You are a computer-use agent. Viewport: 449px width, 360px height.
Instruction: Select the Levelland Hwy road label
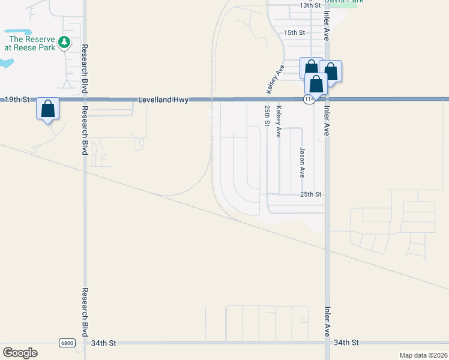click(x=164, y=100)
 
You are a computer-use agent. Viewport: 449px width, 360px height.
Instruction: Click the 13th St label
click(x=311, y=5)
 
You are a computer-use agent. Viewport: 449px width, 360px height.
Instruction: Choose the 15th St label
click(x=295, y=32)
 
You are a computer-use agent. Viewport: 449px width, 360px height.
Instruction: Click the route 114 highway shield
click(x=309, y=100)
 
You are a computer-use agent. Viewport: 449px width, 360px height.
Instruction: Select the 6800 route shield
click(x=67, y=343)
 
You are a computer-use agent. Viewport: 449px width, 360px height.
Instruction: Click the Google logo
click(x=20, y=353)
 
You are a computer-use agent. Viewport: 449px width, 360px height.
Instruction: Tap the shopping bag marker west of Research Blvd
click(x=48, y=110)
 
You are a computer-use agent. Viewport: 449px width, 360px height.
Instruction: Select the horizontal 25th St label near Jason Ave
click(x=312, y=195)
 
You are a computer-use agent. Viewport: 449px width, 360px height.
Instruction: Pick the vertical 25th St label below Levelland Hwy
click(x=267, y=115)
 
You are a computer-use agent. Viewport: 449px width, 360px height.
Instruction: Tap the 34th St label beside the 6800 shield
click(x=103, y=343)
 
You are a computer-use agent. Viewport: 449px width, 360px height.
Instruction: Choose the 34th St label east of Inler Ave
click(x=346, y=343)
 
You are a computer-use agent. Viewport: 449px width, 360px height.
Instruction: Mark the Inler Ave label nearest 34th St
click(x=328, y=322)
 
